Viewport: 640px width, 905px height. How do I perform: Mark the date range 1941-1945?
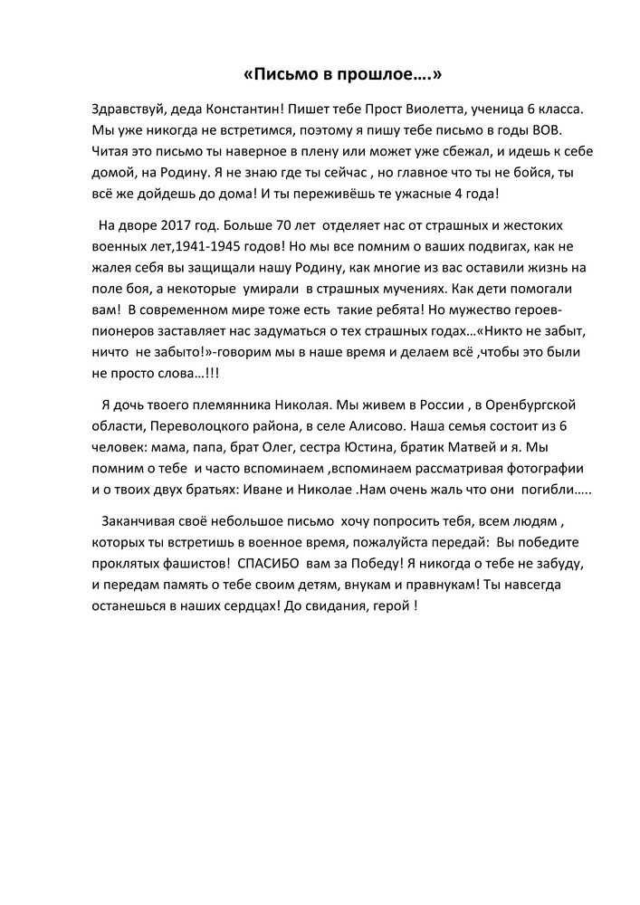pos(215,245)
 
